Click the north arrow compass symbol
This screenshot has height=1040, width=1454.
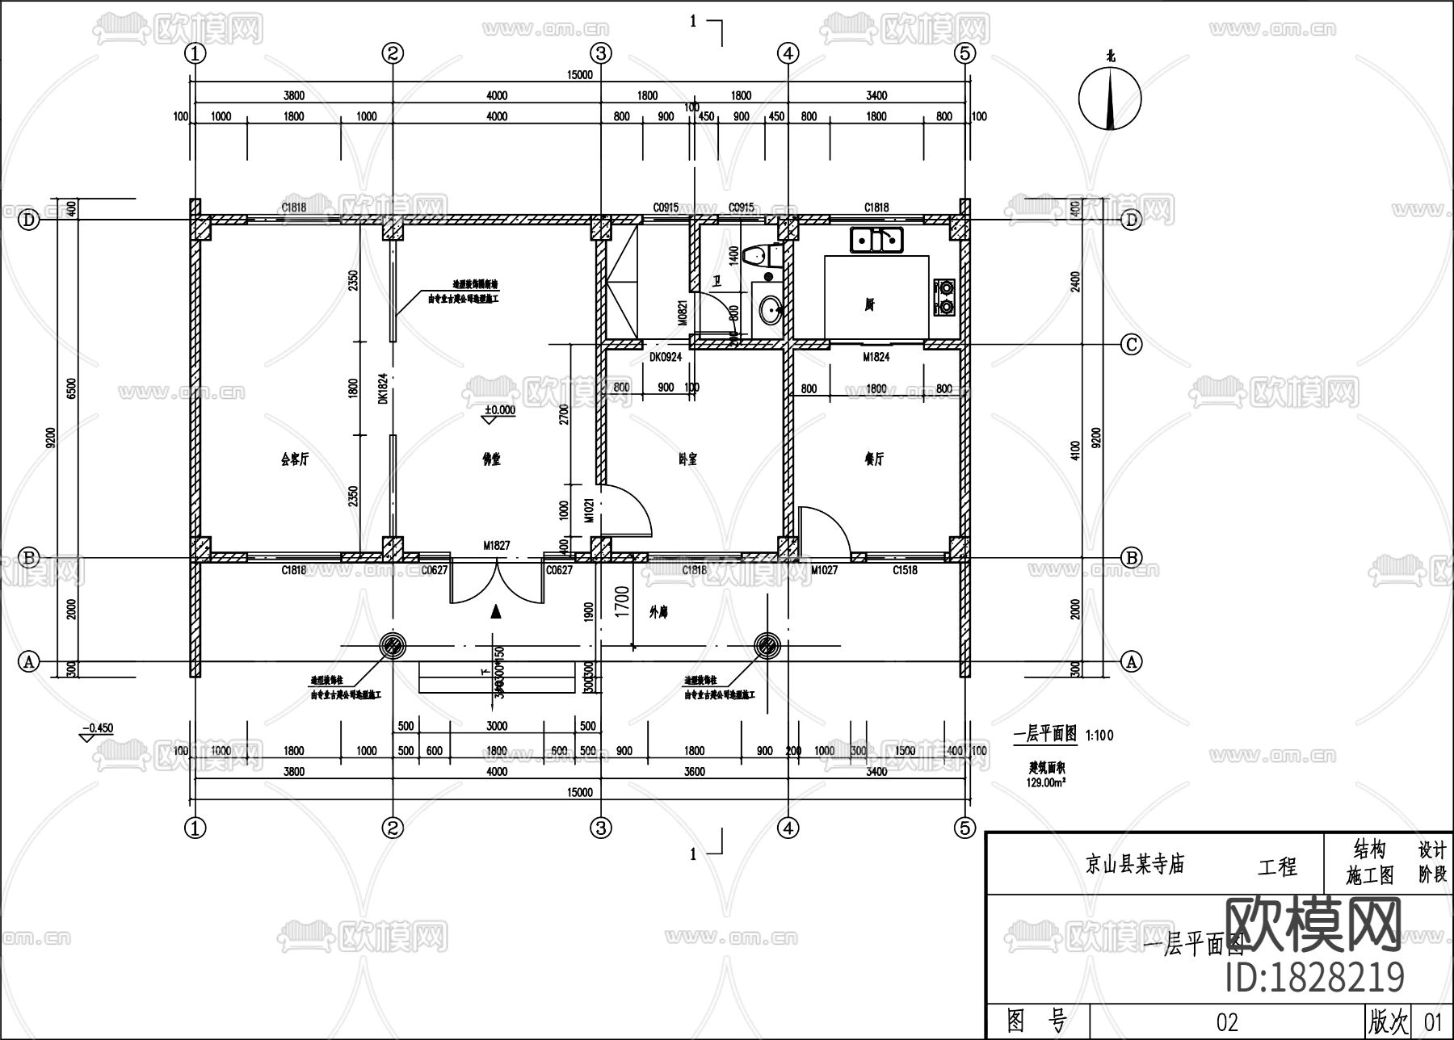[1110, 99]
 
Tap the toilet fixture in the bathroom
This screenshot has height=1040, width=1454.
[760, 257]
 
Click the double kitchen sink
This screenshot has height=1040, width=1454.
[876, 240]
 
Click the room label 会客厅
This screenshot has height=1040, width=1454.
[294, 459]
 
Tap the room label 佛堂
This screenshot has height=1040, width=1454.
[491, 459]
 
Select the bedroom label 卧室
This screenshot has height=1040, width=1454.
[687, 459]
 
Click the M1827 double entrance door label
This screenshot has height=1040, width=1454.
[497, 547]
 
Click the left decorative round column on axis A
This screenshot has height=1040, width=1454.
[393, 645]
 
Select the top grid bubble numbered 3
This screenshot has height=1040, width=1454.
[600, 53]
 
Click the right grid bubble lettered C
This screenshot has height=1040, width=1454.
[1132, 345]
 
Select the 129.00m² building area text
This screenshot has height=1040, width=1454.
[1047, 781]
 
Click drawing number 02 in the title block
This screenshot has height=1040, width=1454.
[1226, 1022]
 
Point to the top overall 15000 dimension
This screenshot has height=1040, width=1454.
[579, 75]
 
